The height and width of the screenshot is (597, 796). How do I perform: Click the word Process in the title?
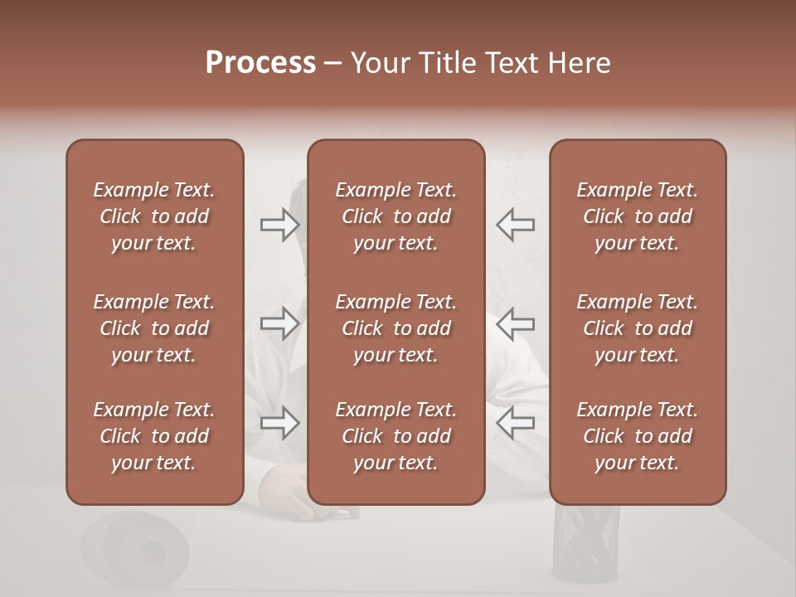(260, 63)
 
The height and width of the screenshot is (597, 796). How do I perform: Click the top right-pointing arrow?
(279, 224)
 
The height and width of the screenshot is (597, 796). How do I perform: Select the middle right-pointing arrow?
(279, 323)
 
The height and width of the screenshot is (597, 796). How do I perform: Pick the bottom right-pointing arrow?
(279, 423)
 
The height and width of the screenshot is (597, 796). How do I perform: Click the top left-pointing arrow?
(515, 224)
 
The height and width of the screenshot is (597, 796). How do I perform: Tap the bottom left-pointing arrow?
(515, 423)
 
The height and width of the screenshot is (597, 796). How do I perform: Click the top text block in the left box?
(154, 216)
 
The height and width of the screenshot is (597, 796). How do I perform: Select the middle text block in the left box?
(154, 328)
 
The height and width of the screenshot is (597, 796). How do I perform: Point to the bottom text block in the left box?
(154, 436)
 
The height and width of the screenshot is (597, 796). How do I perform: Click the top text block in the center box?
(396, 216)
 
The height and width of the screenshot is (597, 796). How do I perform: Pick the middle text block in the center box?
(396, 328)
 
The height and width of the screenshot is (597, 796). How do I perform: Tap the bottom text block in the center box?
(396, 436)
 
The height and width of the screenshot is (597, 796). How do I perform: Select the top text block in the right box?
(637, 216)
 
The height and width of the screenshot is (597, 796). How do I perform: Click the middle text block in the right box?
(637, 328)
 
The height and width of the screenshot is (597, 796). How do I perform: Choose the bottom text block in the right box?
(637, 436)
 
